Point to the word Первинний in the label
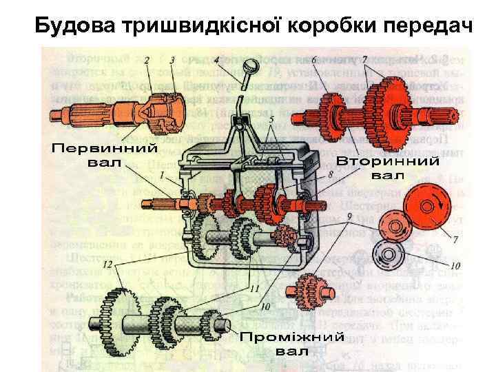(x=105, y=149)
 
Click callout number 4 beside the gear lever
(x=217, y=61)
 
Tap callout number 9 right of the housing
(x=351, y=216)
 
